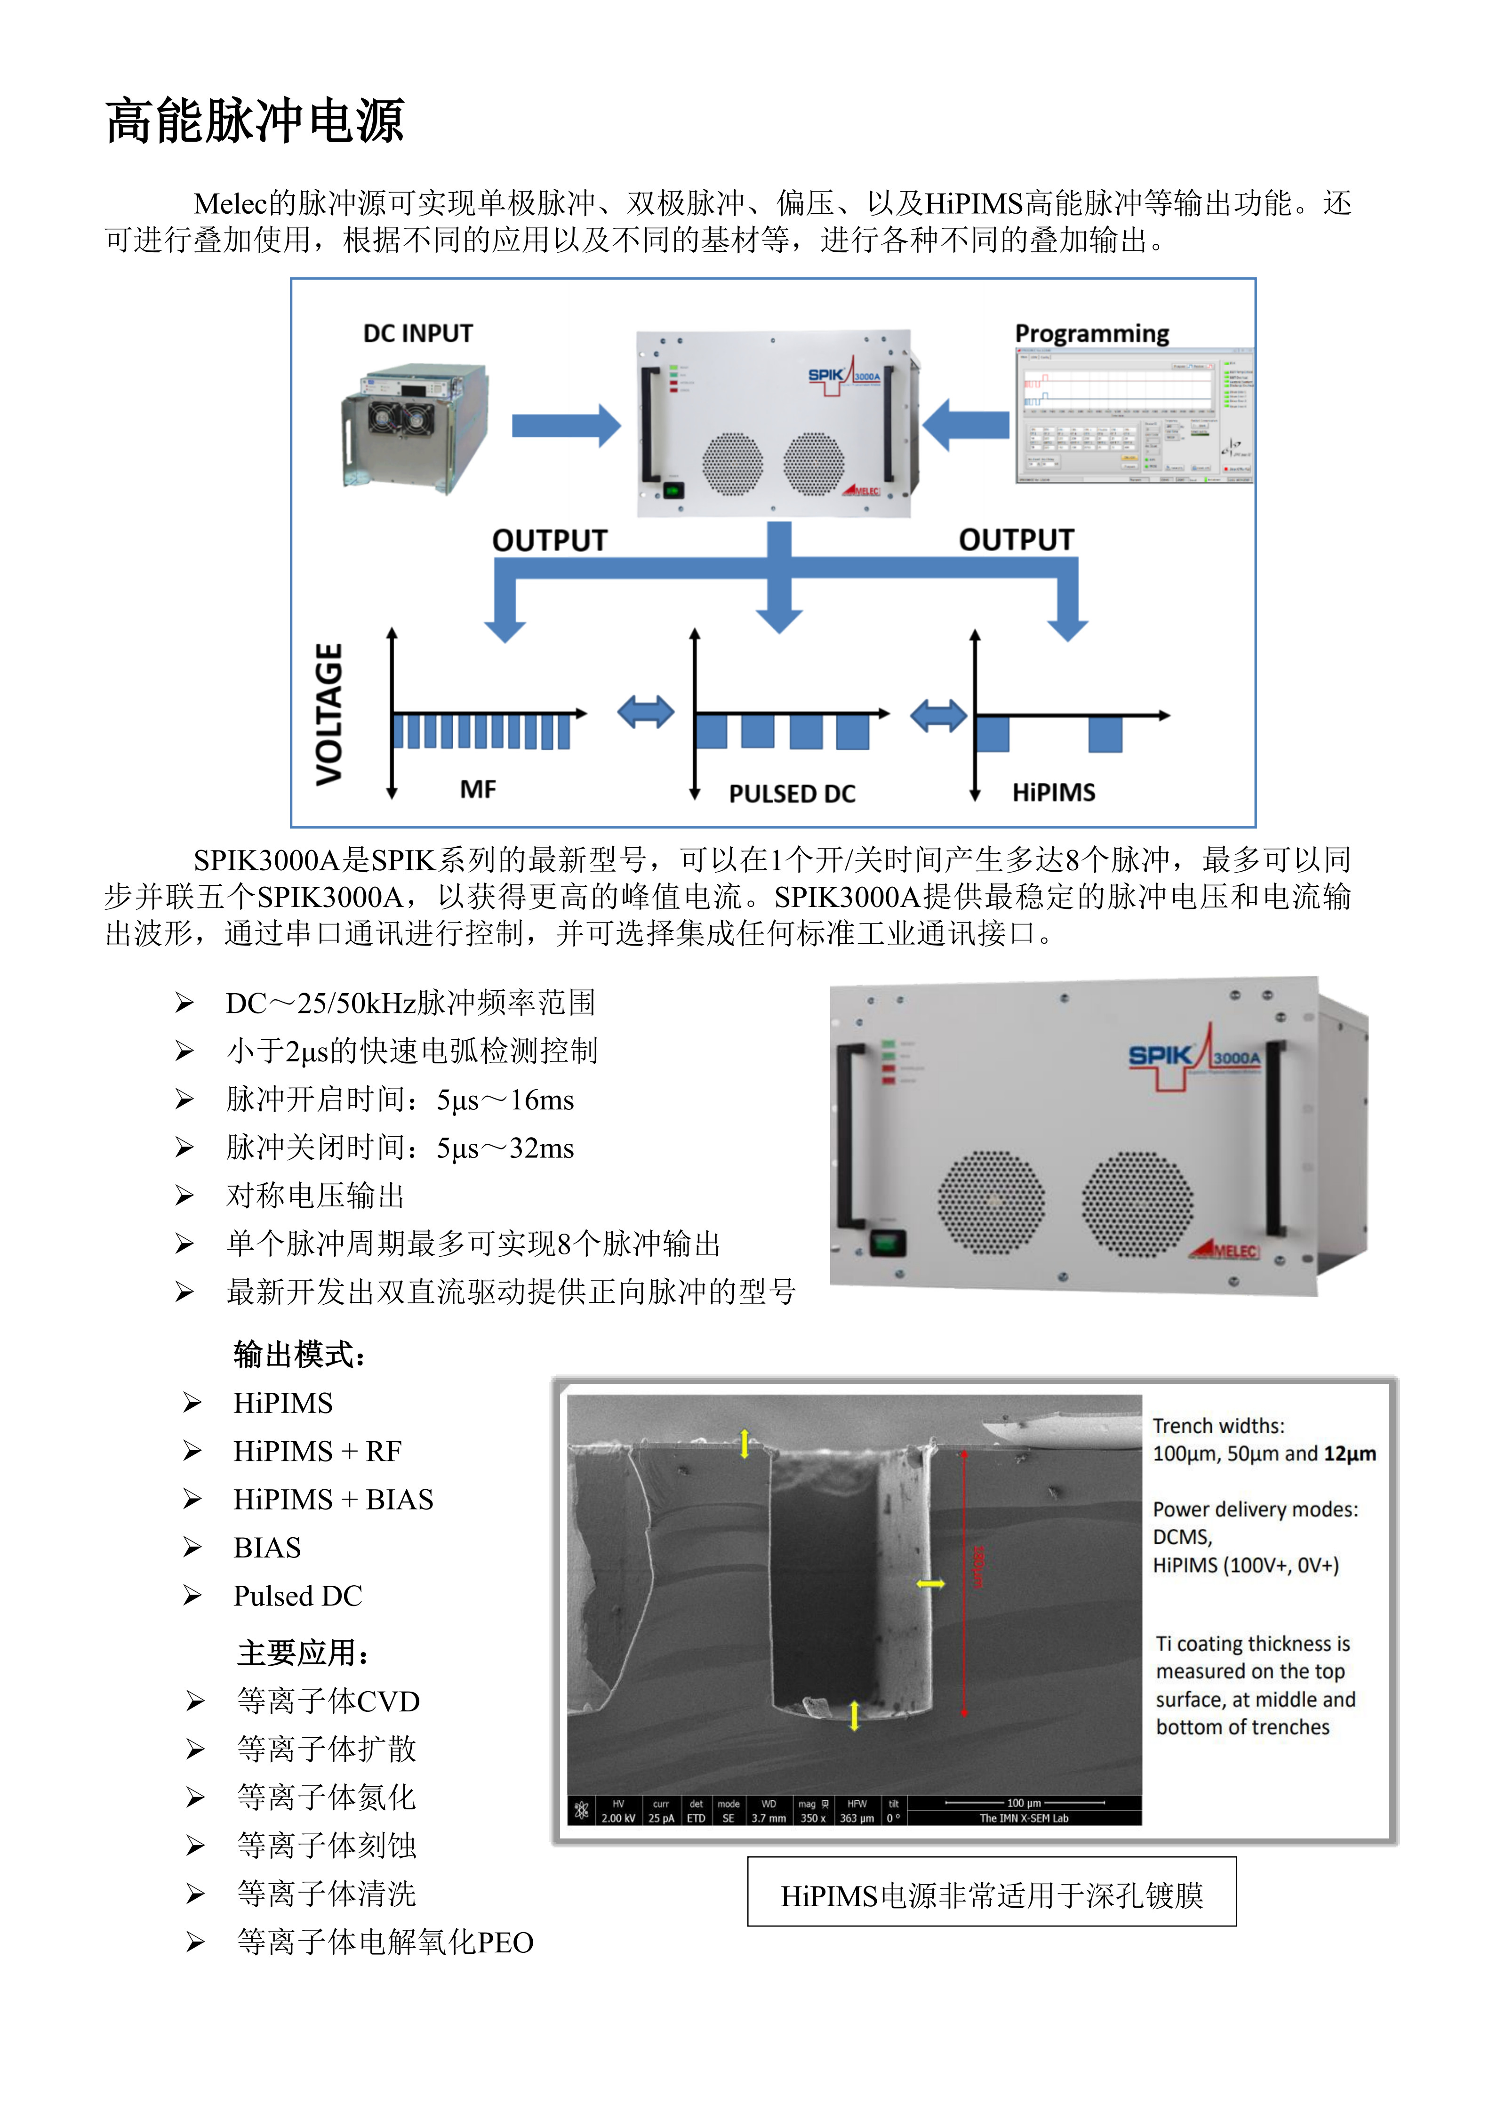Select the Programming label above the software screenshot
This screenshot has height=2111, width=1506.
(x=1091, y=334)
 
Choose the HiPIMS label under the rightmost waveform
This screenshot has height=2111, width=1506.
(x=1053, y=792)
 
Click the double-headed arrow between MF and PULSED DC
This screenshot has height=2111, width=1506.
(x=645, y=712)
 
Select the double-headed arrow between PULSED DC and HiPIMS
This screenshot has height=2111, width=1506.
(x=938, y=715)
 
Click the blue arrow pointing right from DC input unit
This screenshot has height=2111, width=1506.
(x=566, y=425)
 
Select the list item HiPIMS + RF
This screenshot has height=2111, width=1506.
(x=317, y=1452)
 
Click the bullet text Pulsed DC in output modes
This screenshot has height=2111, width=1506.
(x=298, y=1596)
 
